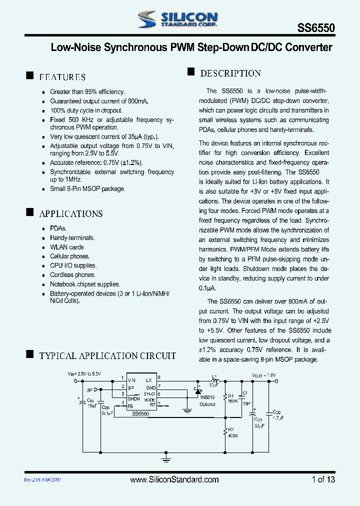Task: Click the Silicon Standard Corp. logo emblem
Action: tap(148, 19)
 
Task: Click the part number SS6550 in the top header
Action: tap(315, 29)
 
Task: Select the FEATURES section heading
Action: tap(62, 77)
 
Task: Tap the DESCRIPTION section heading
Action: tap(230, 73)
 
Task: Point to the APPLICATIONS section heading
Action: tap(71, 213)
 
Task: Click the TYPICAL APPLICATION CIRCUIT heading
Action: tap(107, 356)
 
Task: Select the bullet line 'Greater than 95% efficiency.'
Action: tap(87, 92)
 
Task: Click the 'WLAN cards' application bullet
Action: tap(67, 247)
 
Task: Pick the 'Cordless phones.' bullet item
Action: tap(72, 274)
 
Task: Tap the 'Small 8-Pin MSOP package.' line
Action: tap(87, 188)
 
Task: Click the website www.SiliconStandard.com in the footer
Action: tap(174, 479)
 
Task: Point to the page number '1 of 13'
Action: tap(323, 479)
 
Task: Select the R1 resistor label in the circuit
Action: tap(230, 395)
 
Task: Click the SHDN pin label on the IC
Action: tap(133, 398)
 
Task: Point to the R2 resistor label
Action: tap(230, 429)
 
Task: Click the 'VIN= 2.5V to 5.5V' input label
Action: tap(84, 373)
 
